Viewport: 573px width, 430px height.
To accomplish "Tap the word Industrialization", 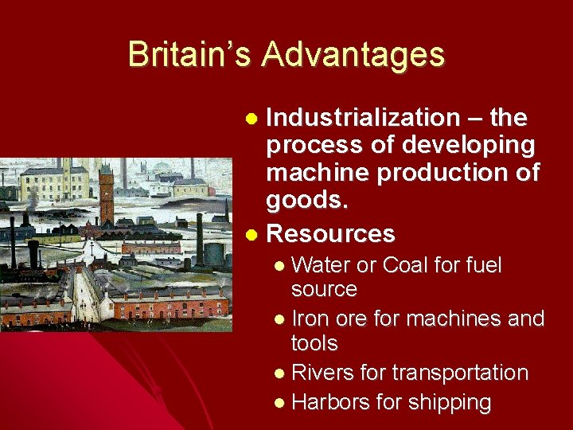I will (x=363, y=118).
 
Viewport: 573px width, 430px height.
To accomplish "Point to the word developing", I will (x=469, y=146).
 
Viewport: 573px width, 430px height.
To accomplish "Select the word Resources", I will (x=331, y=234).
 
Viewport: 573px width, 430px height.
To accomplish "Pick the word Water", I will (x=325, y=265).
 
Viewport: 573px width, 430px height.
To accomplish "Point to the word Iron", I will (x=309, y=319).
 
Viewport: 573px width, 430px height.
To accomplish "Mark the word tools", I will (x=314, y=343).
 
